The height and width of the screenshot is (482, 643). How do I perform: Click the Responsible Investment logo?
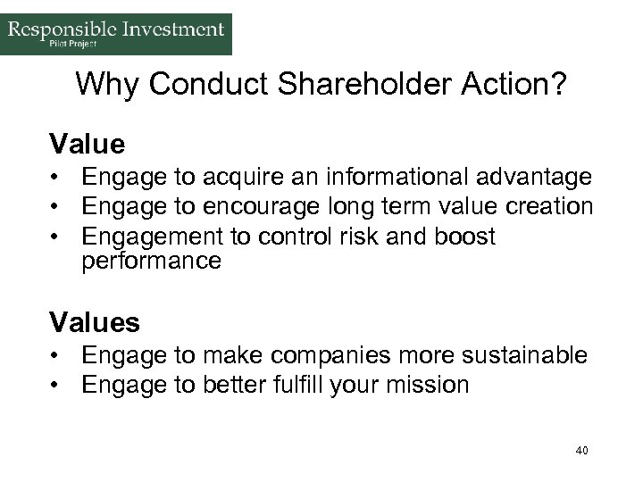click(x=116, y=34)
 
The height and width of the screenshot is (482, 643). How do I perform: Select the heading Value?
click(x=87, y=143)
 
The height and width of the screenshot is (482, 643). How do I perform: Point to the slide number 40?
click(x=581, y=451)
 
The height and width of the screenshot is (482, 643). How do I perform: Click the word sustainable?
click(x=522, y=356)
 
